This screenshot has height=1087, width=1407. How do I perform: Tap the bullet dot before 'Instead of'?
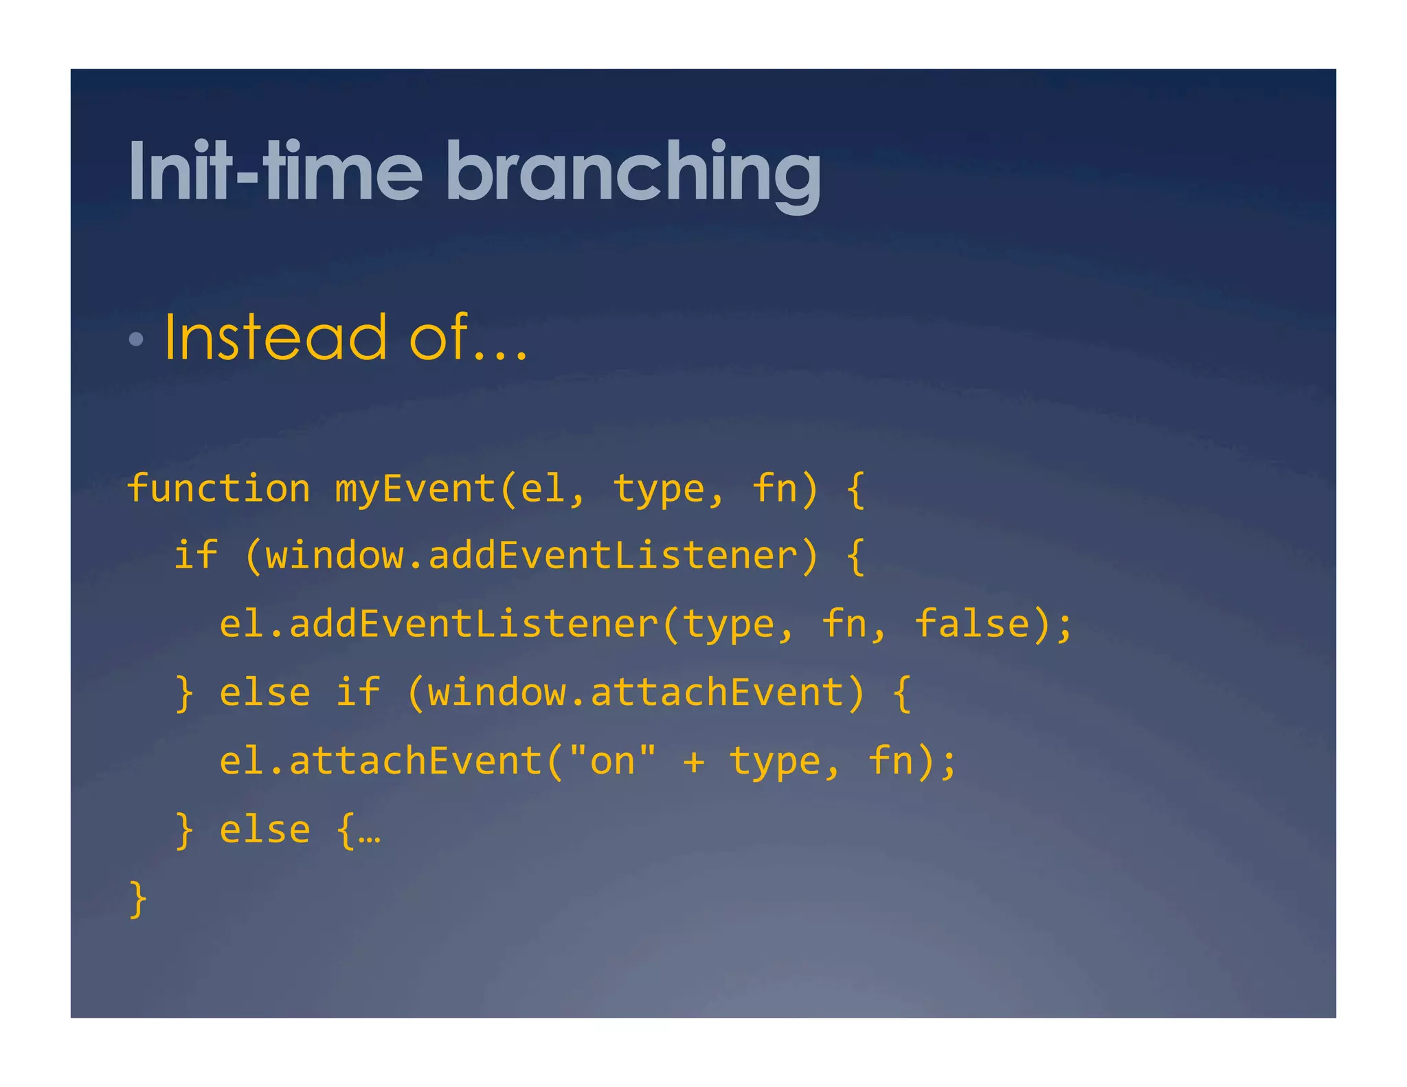(136, 338)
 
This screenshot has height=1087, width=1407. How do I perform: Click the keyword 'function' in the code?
(218, 489)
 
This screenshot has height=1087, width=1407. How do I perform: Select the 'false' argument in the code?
(972, 624)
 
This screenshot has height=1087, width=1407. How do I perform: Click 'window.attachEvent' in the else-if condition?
(635, 692)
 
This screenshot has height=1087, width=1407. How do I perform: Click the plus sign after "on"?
(694, 762)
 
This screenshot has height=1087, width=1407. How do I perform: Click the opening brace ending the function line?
(855, 489)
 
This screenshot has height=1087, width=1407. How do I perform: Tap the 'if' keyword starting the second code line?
(196, 555)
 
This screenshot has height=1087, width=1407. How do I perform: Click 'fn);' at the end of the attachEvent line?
(912, 761)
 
